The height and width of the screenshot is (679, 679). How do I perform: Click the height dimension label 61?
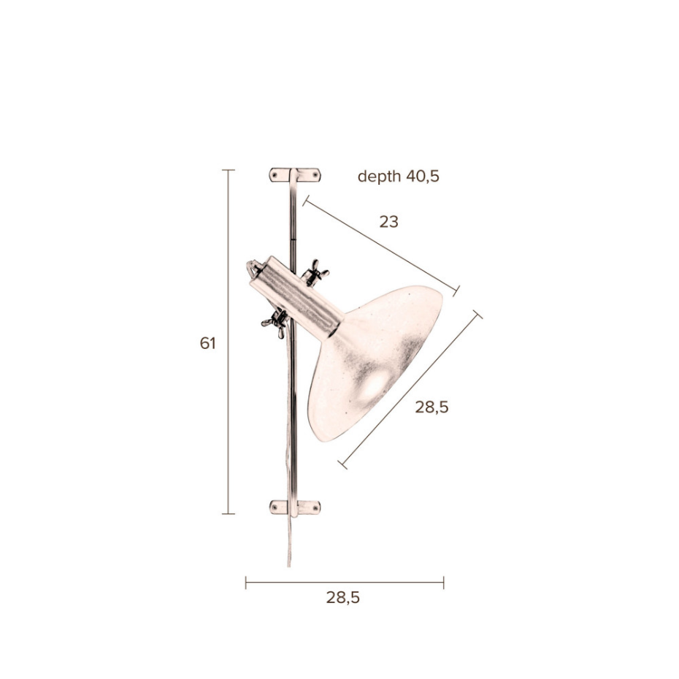point(207,343)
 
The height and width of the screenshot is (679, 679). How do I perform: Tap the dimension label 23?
point(388,222)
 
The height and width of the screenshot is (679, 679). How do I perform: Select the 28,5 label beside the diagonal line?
point(431,407)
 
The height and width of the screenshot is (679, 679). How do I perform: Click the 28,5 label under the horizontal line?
point(343,598)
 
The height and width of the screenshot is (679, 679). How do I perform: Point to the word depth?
point(380,177)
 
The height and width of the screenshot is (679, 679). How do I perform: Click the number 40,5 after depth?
point(423,177)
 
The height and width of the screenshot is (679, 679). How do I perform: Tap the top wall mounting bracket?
point(295,175)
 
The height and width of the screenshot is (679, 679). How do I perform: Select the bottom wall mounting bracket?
point(295,507)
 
